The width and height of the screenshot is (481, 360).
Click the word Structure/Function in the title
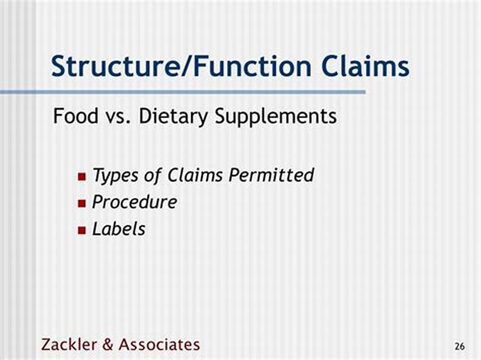[181, 66]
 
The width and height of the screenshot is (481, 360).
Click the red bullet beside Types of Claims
[82, 177]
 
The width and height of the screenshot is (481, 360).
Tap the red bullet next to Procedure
[82, 203]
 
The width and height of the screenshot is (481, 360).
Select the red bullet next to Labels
[82, 230]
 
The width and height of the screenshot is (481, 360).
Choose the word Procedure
[134, 202]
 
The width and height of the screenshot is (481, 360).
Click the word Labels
[118, 228]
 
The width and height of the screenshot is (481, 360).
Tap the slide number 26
[459, 347]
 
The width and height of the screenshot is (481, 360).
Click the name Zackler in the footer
[66, 344]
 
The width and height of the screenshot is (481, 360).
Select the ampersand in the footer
[106, 344]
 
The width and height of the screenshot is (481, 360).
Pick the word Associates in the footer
[159, 344]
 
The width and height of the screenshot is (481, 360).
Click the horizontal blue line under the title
[180, 92]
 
